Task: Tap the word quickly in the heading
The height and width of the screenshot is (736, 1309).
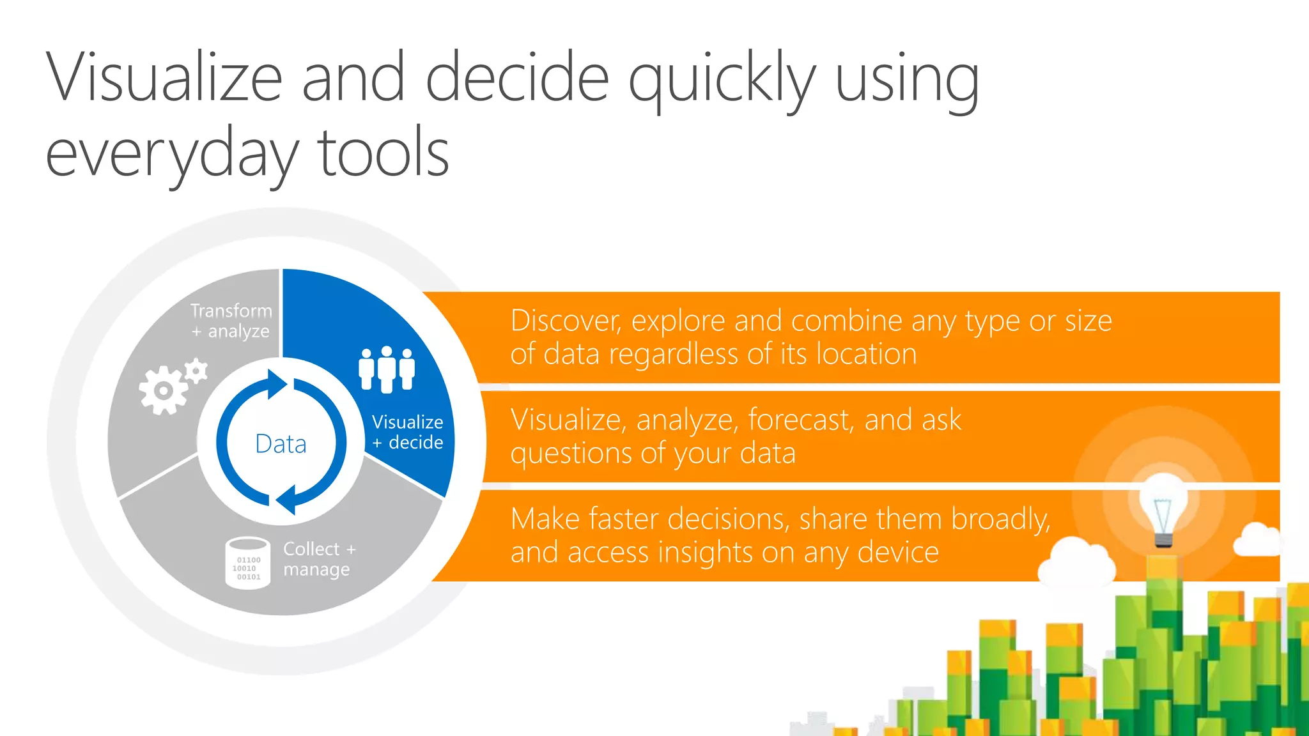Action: point(722,80)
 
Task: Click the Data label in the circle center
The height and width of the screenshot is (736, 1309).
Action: point(281,443)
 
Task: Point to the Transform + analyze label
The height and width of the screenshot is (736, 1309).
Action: point(231,321)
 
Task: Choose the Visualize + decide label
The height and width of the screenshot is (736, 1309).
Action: point(408,432)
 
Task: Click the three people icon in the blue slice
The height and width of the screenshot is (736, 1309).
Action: point(387,369)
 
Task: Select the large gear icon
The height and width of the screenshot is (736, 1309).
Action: point(163,390)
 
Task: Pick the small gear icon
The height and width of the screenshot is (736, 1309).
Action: point(197,371)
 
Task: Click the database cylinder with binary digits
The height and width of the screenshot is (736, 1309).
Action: point(247,563)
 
